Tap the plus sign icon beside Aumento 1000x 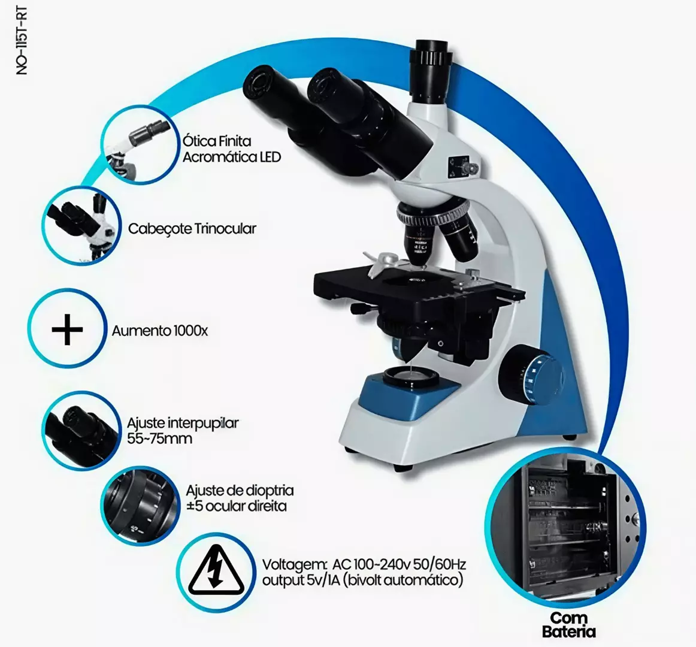pyautogui.click(x=66, y=329)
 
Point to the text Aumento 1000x pyautogui.click(x=160, y=331)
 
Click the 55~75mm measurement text pyautogui.click(x=160, y=439)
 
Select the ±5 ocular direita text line pyautogui.click(x=236, y=506)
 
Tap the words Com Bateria pyautogui.click(x=568, y=624)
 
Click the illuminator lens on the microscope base pyautogui.click(x=410, y=376)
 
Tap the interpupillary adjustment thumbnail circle pyautogui.click(x=81, y=430)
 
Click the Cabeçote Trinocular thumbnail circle pyautogui.click(x=81, y=226)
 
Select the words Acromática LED pyautogui.click(x=231, y=157)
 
